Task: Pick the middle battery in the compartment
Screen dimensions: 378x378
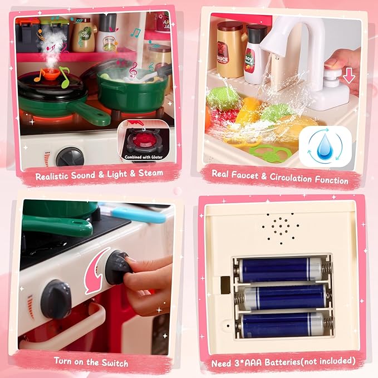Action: click(x=284, y=297)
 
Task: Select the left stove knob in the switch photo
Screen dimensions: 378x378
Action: click(x=56, y=298)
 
